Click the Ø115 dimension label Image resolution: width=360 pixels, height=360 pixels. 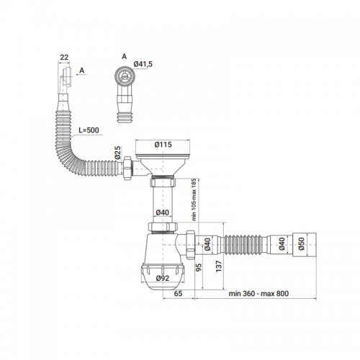[163, 145]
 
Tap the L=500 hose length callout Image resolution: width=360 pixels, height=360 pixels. [89, 130]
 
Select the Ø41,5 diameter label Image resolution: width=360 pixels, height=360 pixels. [143, 64]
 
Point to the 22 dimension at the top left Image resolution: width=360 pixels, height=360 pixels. [64, 58]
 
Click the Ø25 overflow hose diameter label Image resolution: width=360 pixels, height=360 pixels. [117, 153]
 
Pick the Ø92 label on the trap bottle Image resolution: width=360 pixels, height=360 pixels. [163, 278]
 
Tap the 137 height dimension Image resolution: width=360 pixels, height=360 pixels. [219, 266]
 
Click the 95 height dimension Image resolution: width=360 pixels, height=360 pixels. [199, 267]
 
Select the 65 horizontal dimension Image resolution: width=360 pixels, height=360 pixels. [178, 293]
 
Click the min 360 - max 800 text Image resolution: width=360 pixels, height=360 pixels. [258, 294]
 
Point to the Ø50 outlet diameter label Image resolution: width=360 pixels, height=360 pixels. [302, 244]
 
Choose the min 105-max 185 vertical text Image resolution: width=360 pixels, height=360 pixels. [194, 199]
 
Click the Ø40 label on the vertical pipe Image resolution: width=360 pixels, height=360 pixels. [162, 212]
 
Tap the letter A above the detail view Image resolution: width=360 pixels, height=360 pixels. [124, 56]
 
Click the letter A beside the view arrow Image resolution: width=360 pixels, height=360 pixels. [82, 71]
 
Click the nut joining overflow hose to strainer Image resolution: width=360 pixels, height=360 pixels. [127, 168]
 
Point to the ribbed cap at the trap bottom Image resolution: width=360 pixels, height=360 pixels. [163, 276]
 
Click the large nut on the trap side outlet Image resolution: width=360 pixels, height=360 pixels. [191, 245]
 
